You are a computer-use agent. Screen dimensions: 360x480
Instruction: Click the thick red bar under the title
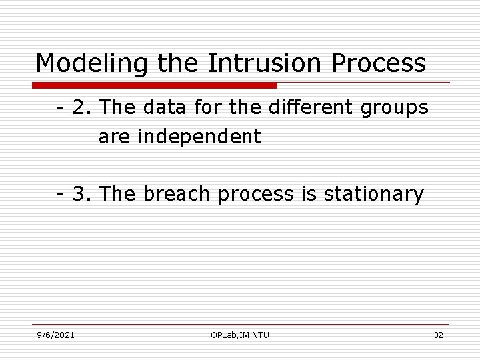click(x=154, y=85)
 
